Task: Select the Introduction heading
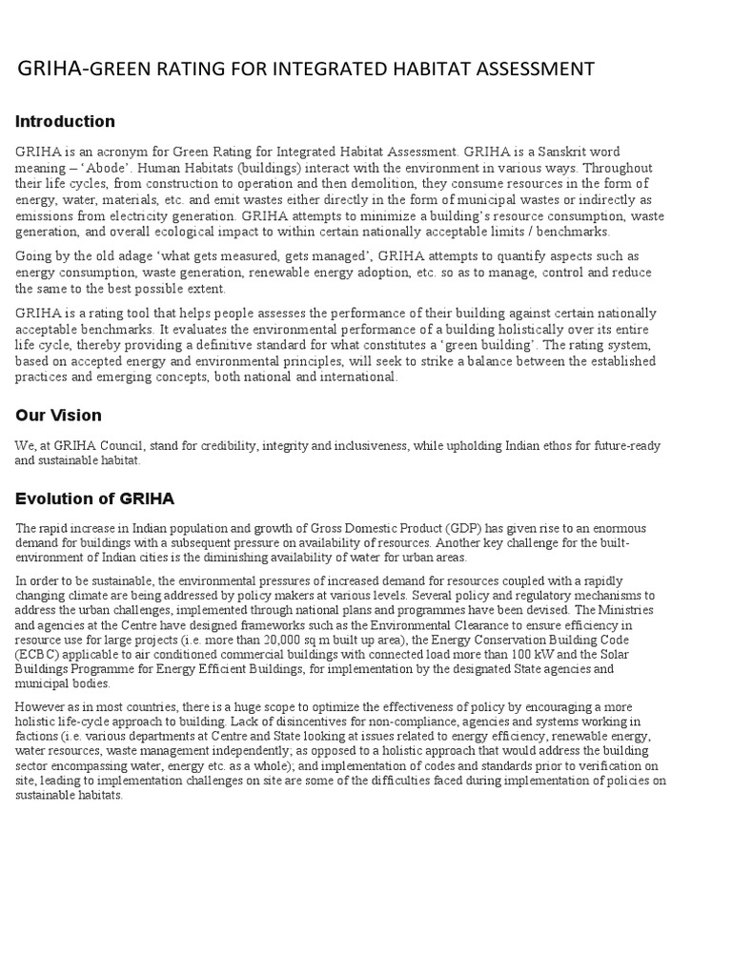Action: pyautogui.click(x=65, y=121)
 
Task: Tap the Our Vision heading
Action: pyautogui.click(x=58, y=416)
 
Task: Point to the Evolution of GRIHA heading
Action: pyautogui.click(x=94, y=498)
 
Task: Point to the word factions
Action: pyautogui.click(x=38, y=737)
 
